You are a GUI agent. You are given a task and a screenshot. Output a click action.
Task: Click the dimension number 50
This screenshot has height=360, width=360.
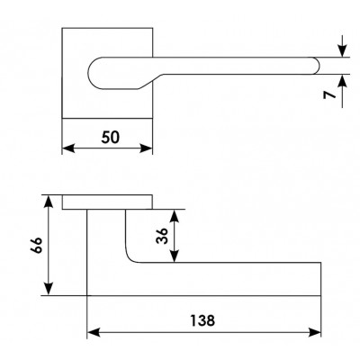click(110, 138)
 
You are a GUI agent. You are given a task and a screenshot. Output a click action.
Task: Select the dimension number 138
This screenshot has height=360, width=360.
click(202, 320)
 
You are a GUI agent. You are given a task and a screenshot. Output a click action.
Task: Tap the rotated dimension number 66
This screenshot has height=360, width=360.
click(37, 245)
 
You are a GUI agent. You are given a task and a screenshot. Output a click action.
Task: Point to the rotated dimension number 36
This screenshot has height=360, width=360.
click(162, 236)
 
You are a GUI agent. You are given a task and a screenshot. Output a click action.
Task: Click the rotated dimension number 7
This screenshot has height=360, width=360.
click(329, 94)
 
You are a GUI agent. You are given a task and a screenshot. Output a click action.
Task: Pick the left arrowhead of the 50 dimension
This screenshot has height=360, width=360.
click(68, 148)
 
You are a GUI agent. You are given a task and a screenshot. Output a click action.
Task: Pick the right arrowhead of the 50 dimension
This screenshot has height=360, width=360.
click(147, 148)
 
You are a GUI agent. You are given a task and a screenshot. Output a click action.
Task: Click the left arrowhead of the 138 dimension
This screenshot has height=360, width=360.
click(94, 332)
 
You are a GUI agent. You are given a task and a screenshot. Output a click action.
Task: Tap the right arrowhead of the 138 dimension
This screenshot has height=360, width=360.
click(315, 332)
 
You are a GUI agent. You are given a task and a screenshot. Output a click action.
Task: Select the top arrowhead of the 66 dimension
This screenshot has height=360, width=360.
click(49, 202)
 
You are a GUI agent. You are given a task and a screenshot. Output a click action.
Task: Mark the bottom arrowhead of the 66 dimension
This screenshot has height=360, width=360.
click(49, 289)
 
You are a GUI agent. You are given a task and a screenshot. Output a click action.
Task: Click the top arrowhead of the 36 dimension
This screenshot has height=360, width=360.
click(175, 215)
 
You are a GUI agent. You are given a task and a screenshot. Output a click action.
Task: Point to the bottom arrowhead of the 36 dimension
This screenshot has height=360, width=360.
click(175, 256)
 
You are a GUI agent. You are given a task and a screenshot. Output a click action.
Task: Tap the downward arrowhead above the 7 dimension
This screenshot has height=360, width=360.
click(342, 50)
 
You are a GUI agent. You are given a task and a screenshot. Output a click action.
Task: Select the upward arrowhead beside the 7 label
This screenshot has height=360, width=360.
click(342, 80)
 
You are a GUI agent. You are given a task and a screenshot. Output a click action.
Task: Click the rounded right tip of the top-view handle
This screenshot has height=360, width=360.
click(319, 66)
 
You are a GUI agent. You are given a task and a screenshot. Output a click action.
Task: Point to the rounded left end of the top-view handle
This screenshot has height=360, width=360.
click(88, 73)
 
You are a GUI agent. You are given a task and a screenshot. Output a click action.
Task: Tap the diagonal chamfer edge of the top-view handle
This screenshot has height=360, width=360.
click(150, 82)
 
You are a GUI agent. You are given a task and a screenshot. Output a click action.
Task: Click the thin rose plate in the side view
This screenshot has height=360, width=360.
click(107, 202)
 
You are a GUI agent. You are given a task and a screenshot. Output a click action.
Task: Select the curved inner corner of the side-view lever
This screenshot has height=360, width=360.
click(130, 258)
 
